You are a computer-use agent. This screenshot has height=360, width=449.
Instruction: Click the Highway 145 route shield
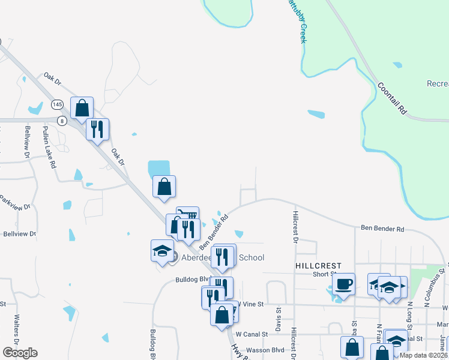point(58,104)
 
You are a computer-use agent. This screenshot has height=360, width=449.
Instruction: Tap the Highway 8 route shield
point(61,121)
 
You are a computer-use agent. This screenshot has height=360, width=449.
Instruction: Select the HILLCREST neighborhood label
point(318,265)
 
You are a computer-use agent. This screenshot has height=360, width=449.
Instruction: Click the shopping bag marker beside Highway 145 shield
point(82,109)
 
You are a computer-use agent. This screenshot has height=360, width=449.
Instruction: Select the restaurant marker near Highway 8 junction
point(97,130)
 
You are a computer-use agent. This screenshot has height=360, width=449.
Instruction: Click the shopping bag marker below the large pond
point(164,187)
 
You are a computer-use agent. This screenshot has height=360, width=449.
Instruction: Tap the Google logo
point(20,353)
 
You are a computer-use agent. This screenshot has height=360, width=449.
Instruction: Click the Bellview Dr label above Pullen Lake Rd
point(28,142)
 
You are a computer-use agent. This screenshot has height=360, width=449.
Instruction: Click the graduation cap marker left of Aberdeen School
point(161,251)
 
